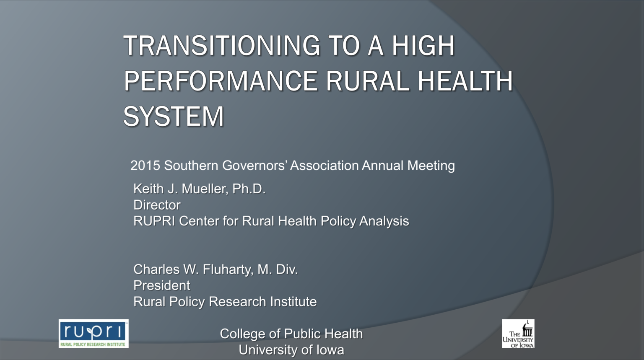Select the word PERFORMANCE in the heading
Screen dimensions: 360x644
point(221,81)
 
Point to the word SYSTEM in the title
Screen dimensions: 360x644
point(173,116)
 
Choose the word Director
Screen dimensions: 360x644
point(157,205)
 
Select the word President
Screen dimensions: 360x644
point(161,285)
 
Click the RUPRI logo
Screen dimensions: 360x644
point(93,334)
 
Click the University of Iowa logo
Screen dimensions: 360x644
point(518,334)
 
